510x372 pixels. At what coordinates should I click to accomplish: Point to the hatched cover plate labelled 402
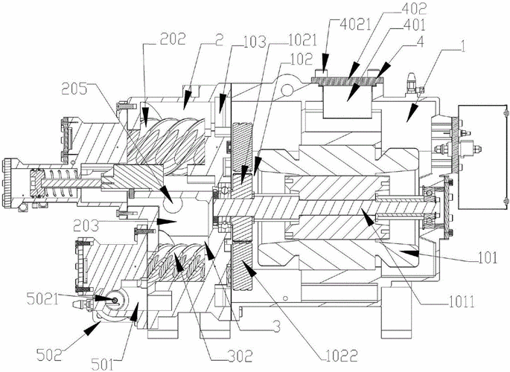350,76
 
